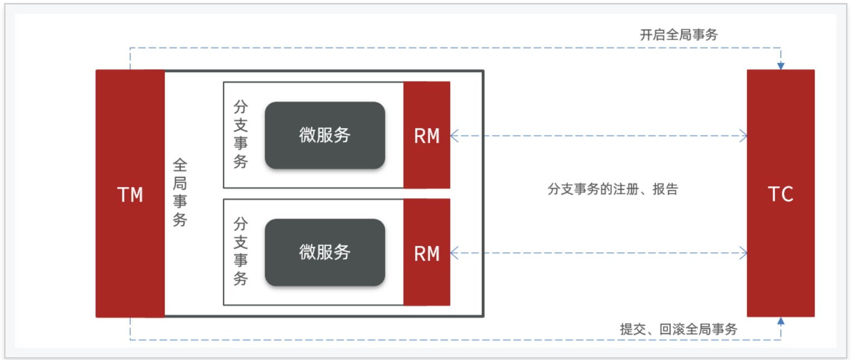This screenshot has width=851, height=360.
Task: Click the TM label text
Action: pyautogui.click(x=130, y=195)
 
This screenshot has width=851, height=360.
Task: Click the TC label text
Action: pyautogui.click(x=781, y=194)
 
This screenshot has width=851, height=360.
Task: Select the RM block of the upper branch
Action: pyautogui.click(x=427, y=136)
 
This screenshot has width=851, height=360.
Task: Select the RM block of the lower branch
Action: pyautogui.click(x=427, y=253)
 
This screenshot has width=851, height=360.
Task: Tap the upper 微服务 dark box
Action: pyautogui.click(x=325, y=135)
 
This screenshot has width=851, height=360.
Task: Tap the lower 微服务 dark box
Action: pyautogui.click(x=325, y=252)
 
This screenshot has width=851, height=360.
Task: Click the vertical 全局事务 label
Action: pyautogui.click(x=180, y=192)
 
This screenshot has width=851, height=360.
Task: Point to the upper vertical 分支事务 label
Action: pyautogui.click(x=241, y=135)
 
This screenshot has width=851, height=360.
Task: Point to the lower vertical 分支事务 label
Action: pyautogui.click(x=241, y=251)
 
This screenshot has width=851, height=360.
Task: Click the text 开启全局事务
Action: pyautogui.click(x=678, y=35)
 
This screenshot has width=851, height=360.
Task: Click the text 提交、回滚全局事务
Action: pyautogui.click(x=678, y=329)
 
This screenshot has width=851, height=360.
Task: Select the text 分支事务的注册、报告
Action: pyautogui.click(x=613, y=189)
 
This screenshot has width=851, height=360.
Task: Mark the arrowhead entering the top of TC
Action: pyautogui.click(x=781, y=66)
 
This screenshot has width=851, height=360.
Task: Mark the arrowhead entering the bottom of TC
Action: pyautogui.click(x=781, y=321)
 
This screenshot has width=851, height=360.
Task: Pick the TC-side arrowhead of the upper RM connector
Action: pyautogui.click(x=743, y=135)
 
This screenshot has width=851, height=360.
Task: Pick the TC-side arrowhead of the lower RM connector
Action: pyautogui.click(x=743, y=253)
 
